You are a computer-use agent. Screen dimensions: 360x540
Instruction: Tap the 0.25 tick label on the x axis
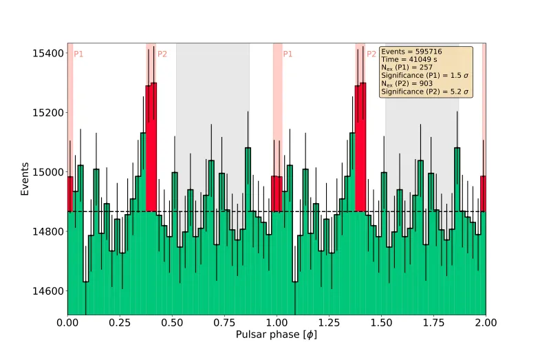click(120, 321)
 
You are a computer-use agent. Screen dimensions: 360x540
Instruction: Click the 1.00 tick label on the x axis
click(277, 321)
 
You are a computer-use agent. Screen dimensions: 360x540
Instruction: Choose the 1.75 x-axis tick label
click(433, 321)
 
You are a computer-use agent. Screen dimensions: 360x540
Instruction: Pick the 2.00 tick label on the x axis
click(486, 321)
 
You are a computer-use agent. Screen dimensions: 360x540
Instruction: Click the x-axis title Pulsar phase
click(276, 335)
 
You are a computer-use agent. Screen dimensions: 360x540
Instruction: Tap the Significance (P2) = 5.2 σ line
click(424, 91)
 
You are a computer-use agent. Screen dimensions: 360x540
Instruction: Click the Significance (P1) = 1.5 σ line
click(424, 76)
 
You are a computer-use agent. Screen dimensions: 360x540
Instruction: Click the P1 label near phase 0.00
click(78, 54)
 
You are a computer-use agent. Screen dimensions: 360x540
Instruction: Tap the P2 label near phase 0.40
click(162, 54)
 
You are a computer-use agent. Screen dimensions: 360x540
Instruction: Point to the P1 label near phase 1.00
click(288, 54)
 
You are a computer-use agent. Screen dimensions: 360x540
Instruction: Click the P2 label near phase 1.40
click(371, 54)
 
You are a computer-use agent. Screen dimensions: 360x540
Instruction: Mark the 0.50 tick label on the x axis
click(172, 321)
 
